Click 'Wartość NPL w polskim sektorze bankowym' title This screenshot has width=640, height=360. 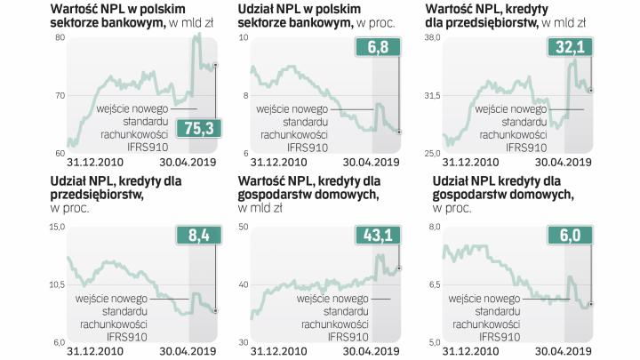coord(116,17)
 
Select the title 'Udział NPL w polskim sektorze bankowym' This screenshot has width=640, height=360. coord(308,17)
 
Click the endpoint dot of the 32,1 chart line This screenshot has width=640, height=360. coord(591,90)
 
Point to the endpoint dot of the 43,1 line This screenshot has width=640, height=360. coord(399,268)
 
